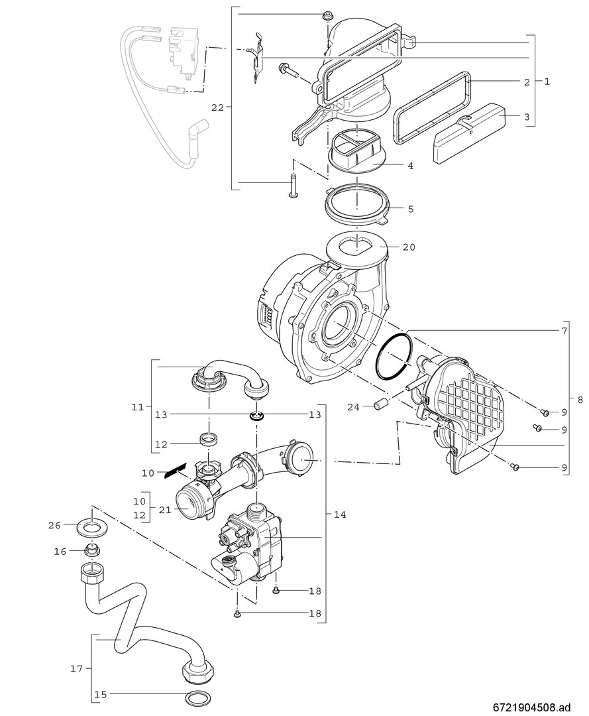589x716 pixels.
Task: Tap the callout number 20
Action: (409, 247)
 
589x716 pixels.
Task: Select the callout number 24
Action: (353, 407)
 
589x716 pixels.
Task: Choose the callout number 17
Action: (78, 669)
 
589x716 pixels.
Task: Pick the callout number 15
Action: (101, 695)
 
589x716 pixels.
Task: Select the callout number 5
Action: (410, 209)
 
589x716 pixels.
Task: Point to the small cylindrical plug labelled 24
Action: (380, 405)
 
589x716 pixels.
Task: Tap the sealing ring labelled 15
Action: (195, 699)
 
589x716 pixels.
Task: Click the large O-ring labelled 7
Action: (393, 356)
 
